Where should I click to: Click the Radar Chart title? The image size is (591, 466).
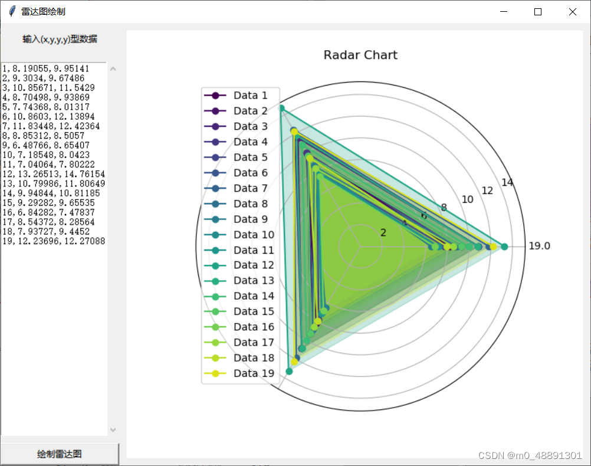click(360, 55)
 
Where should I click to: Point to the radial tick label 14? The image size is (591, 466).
click(507, 182)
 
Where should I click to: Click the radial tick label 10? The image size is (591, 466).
click(467, 199)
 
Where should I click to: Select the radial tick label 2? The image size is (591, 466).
click(383, 232)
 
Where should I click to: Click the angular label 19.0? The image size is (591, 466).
click(539, 246)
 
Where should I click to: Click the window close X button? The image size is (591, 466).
click(573, 12)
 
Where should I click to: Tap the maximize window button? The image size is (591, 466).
click(538, 12)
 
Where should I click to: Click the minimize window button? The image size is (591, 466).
click(503, 12)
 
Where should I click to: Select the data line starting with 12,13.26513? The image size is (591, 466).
click(54, 174)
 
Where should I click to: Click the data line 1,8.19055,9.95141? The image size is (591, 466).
click(46, 68)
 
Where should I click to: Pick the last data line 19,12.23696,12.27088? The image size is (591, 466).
click(54, 241)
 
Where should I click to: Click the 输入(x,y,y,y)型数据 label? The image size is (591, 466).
click(60, 40)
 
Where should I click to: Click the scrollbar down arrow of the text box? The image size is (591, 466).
click(113, 430)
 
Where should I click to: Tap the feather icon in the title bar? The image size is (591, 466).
click(11, 12)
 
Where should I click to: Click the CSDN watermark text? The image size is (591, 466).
click(530, 455)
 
